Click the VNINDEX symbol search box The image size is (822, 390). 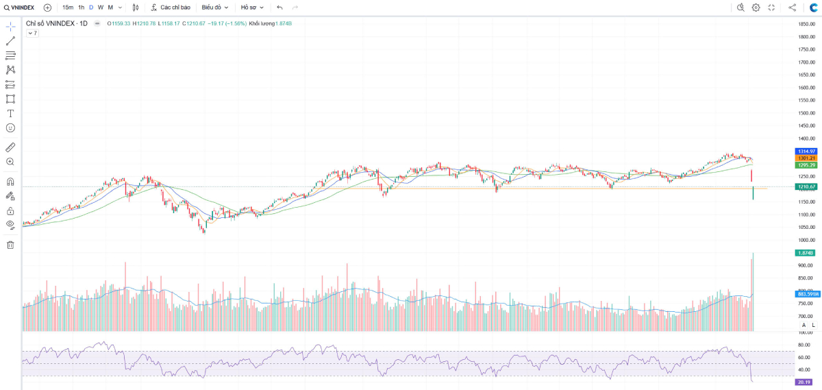(19, 8)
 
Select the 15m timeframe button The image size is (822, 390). (67, 8)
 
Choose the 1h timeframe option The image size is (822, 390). (82, 8)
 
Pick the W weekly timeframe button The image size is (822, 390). (101, 8)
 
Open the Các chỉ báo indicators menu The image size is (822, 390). (171, 8)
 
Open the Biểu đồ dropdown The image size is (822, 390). (215, 8)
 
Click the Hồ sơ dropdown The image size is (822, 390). (253, 8)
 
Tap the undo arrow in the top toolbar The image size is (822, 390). (279, 8)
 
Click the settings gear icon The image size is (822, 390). (756, 8)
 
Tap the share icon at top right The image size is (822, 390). (793, 8)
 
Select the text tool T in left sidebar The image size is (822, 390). (10, 113)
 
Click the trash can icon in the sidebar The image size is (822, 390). (10, 245)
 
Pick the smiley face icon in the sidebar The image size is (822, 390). (10, 127)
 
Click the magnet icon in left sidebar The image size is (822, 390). (10, 182)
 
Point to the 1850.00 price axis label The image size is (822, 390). (806, 24)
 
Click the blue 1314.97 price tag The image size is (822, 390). (806, 151)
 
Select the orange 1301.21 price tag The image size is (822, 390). (806, 158)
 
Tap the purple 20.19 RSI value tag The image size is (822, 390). (806, 382)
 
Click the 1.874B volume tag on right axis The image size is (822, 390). (806, 253)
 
